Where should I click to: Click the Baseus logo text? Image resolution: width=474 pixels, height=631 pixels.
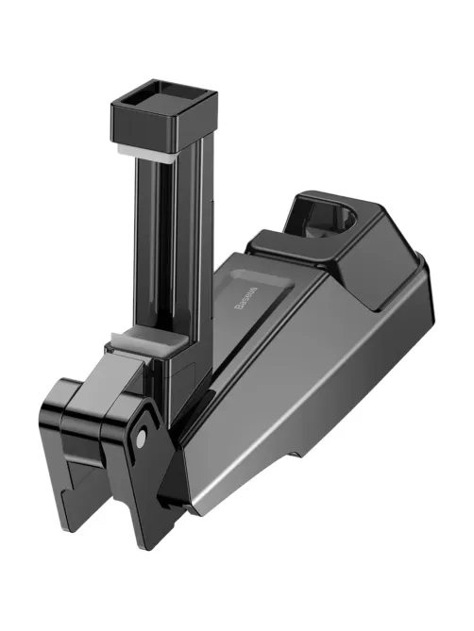point(245,299)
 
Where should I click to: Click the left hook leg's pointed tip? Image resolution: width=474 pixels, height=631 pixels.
point(65,528)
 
